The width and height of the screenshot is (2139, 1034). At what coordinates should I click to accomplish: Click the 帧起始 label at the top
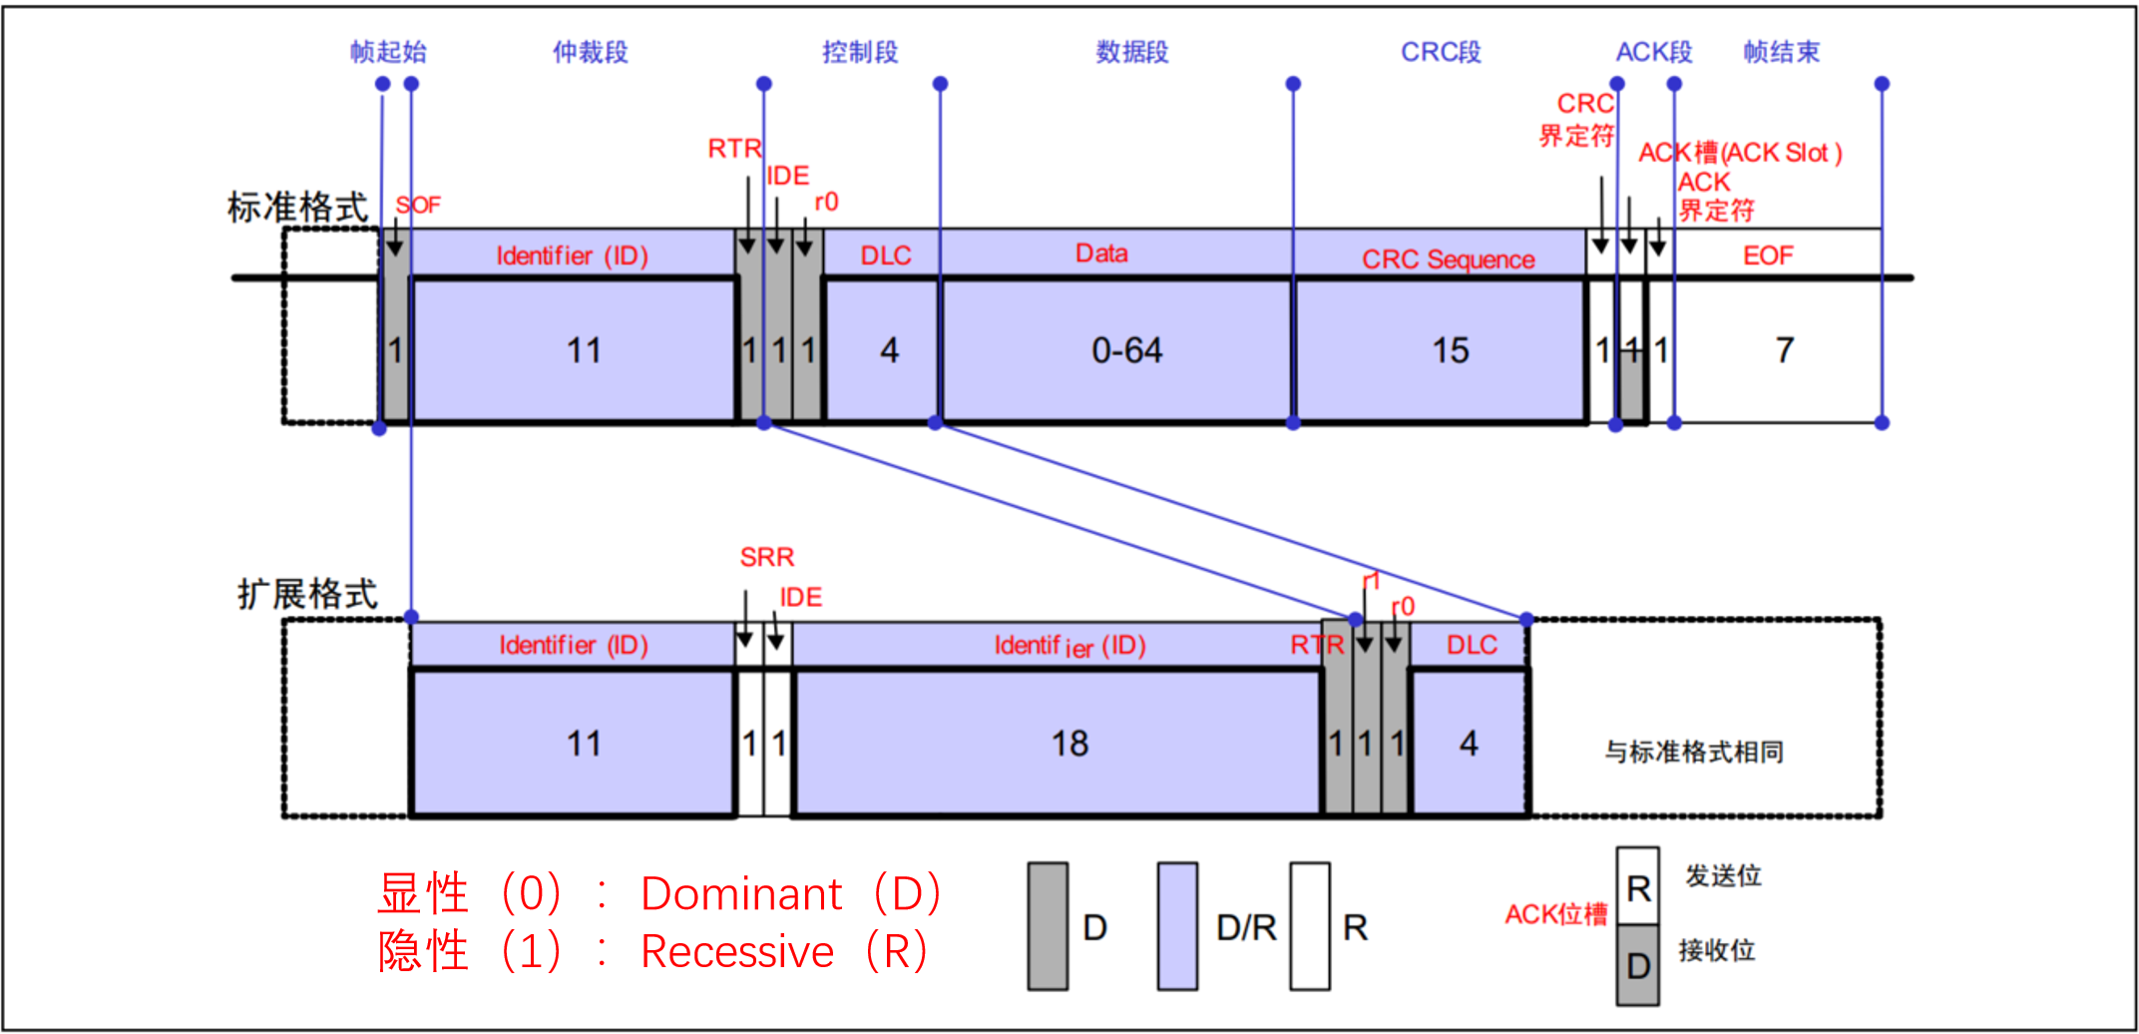(388, 52)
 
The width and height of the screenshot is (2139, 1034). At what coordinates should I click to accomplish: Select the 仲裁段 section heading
(591, 52)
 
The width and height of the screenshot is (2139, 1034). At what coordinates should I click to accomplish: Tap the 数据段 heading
(1131, 52)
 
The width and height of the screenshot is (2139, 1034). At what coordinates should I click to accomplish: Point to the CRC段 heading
(1441, 52)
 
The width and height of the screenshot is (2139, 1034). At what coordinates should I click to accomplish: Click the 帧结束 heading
(1781, 52)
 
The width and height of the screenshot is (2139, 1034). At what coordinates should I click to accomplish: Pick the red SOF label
(418, 206)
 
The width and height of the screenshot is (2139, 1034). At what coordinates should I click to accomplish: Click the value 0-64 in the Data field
(1126, 350)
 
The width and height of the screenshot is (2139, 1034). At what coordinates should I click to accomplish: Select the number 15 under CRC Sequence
(1451, 350)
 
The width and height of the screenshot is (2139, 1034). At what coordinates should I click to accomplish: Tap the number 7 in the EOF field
(1785, 350)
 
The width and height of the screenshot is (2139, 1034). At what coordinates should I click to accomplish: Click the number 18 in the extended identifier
(1069, 744)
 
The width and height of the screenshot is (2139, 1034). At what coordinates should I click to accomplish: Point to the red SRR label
(767, 557)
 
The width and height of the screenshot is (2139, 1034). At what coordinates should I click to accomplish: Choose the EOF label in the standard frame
(1768, 257)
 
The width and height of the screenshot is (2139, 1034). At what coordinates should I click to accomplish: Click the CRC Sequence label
(1448, 259)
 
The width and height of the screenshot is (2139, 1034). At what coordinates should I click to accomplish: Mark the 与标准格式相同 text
(1694, 752)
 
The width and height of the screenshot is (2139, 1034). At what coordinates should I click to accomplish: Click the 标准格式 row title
(297, 208)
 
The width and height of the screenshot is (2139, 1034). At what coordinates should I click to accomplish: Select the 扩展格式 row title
(307, 595)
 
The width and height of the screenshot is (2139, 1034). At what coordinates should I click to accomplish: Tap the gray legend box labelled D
(1048, 926)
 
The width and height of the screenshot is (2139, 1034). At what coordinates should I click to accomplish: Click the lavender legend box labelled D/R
(1177, 926)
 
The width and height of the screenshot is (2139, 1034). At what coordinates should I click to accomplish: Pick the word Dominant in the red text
(741, 894)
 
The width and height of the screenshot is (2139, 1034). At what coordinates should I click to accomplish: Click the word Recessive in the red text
(737, 952)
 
